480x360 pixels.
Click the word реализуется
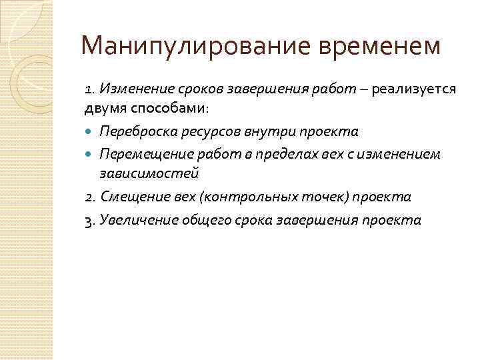point(415,89)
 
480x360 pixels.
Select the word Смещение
point(128,197)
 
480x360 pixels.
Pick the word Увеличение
point(133,220)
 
